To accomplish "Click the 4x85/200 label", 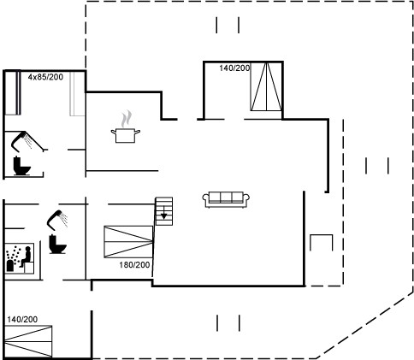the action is click(x=45, y=77).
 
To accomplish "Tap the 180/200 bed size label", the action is click(x=134, y=265).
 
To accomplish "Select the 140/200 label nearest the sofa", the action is click(x=234, y=68).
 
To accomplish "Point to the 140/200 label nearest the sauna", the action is click(x=22, y=320).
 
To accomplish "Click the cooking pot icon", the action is click(x=126, y=136).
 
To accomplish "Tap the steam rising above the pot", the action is click(x=126, y=119).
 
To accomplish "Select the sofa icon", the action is click(x=226, y=199).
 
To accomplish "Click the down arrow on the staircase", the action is click(x=164, y=213).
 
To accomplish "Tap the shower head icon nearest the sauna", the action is click(x=57, y=220).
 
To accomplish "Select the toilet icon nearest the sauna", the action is click(x=57, y=245).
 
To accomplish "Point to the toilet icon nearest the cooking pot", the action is click(x=21, y=166).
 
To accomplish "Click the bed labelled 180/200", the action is click(x=128, y=242).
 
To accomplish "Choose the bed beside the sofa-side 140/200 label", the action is click(x=266, y=86).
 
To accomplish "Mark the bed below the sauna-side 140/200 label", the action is click(x=28, y=341).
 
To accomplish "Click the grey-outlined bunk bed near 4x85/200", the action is click(x=77, y=93).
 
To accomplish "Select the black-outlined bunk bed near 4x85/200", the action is click(x=13, y=93).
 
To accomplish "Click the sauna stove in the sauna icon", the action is click(x=10, y=265).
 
